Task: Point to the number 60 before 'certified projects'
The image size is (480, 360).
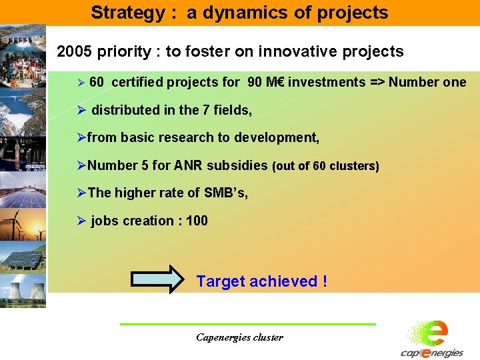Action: (96, 83)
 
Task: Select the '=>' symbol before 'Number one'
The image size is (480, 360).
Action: (377, 83)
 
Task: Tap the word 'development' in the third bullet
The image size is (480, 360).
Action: (279, 138)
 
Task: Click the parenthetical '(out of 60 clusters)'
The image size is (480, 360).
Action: (325, 166)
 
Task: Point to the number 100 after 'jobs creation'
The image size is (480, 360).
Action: (197, 221)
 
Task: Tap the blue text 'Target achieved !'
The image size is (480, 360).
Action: (261, 281)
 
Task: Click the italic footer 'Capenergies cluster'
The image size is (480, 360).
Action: (239, 337)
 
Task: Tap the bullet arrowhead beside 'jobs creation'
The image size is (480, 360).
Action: (82, 221)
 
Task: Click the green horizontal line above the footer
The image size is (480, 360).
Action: (247, 324)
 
